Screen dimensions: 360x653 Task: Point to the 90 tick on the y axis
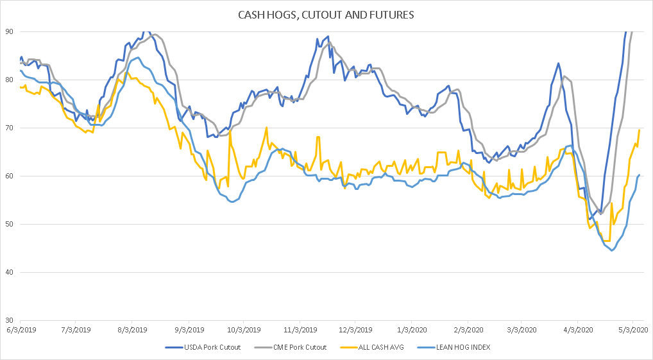pyautogui.click(x=10, y=31)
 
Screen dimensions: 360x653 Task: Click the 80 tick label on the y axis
pyautogui.click(x=10, y=80)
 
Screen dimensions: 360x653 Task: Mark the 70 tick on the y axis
pyautogui.click(x=10, y=128)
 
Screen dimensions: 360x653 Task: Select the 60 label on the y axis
pyautogui.click(x=10, y=176)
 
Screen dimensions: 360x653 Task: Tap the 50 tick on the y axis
pyautogui.click(x=10, y=224)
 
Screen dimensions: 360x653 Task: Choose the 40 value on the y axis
pyautogui.click(x=10, y=272)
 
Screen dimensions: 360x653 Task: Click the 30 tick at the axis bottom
pyautogui.click(x=10, y=320)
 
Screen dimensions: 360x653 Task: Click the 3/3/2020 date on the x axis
pyautogui.click(x=521, y=329)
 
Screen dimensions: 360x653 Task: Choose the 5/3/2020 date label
pyautogui.click(x=632, y=329)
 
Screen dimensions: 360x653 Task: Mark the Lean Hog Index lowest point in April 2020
pyautogui.click(x=612, y=250)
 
